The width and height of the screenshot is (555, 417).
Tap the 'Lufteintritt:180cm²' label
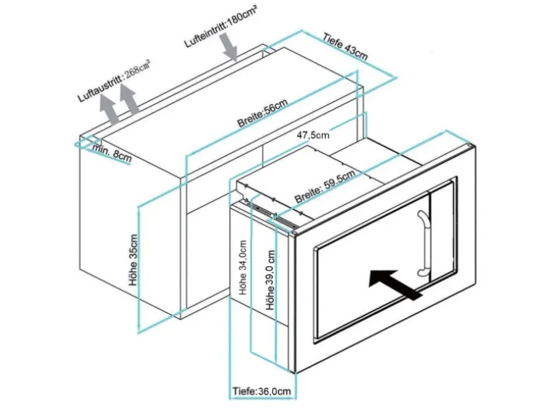click(221, 28)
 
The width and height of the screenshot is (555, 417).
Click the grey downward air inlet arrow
click(230, 48)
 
